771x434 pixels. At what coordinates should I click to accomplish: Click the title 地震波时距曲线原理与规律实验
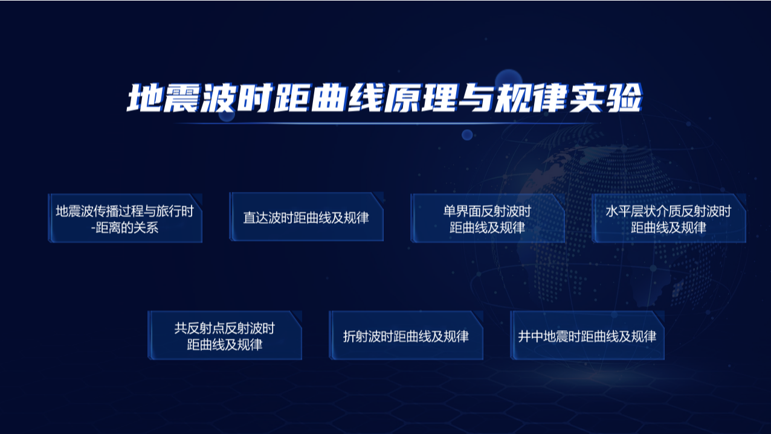tap(384, 98)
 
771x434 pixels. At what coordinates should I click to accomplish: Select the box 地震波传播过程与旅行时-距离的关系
tap(125, 218)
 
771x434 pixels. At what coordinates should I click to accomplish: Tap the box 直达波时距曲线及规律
tap(306, 217)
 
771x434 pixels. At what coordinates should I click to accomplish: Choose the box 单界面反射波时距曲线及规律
tap(488, 218)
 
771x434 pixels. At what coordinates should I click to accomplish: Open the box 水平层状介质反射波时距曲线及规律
tap(669, 218)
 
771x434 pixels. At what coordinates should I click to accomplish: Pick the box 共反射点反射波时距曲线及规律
tap(225, 335)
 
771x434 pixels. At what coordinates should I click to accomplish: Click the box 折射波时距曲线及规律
tap(406, 335)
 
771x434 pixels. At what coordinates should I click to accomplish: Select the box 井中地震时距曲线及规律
tap(587, 335)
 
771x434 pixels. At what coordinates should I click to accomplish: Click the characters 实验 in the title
tap(606, 98)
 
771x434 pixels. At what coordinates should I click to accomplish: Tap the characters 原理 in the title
tap(422, 98)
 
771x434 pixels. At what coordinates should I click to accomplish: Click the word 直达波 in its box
tap(262, 218)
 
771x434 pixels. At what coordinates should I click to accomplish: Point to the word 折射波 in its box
tap(362, 336)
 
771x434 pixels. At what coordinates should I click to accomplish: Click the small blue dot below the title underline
tap(467, 135)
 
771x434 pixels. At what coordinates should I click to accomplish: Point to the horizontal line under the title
tap(387, 123)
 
